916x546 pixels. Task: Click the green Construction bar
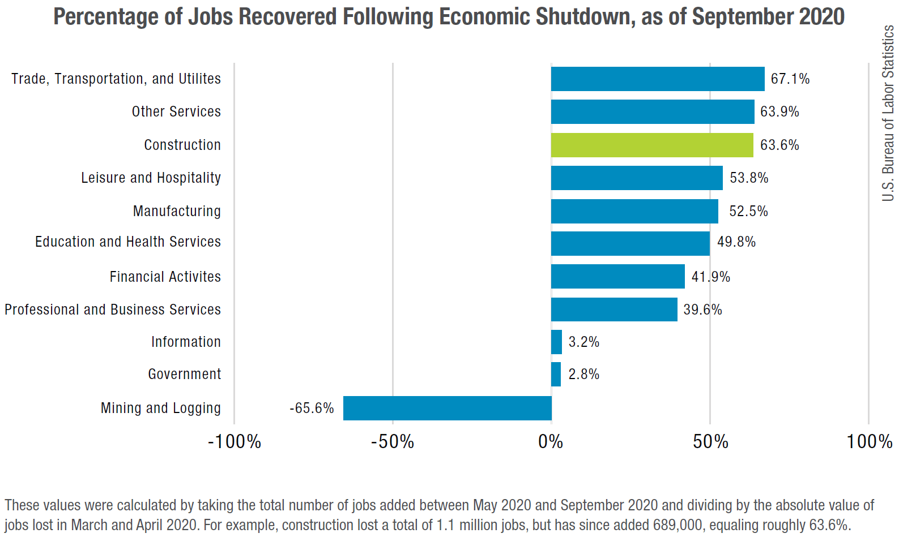pos(651,145)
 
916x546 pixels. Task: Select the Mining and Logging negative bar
pos(447,408)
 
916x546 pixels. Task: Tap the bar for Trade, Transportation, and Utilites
pos(657,79)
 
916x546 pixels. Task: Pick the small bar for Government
pos(556,375)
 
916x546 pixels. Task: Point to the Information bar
pos(556,342)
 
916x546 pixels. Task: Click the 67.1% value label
pos(790,79)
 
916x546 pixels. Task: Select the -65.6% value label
pos(312,408)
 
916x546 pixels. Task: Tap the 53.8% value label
pos(749,178)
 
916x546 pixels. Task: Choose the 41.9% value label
pos(710,277)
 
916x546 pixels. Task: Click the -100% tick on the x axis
pos(234,441)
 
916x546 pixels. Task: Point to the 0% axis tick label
pos(551,441)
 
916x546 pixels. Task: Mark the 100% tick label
pos(869,441)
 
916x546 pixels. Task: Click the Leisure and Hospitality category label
pos(151,178)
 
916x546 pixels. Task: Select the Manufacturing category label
pos(177,211)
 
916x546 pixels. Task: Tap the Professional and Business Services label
pos(113,309)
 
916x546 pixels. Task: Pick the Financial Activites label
pos(165,277)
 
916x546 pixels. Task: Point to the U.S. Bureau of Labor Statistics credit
pos(888,113)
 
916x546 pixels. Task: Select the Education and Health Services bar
pos(630,243)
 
